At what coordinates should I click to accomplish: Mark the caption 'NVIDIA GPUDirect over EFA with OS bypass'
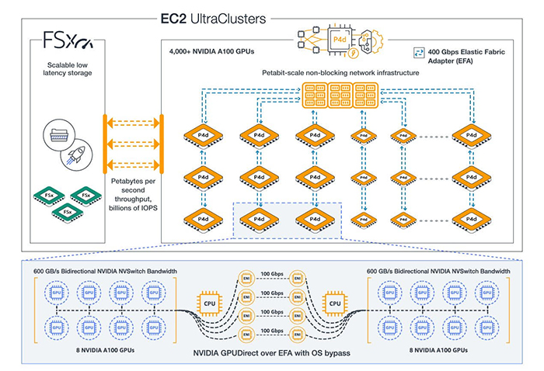(x=271, y=354)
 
